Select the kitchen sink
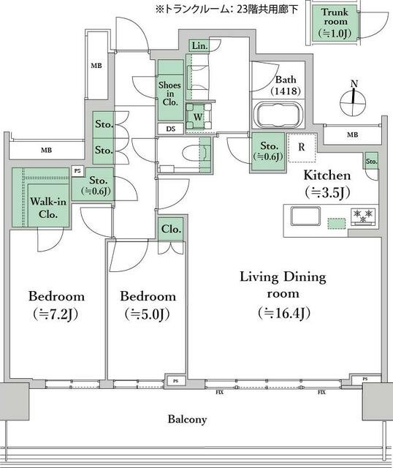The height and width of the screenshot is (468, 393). [x=305, y=216]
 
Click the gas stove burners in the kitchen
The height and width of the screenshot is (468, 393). [x=363, y=216]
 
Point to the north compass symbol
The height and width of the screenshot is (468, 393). [x=353, y=99]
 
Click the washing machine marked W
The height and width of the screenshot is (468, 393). [x=198, y=116]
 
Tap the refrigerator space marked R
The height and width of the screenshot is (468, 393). [x=302, y=147]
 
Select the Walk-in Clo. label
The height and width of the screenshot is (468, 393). [x=48, y=208]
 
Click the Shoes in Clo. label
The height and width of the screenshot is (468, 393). [x=169, y=94]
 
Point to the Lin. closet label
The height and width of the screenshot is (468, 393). [x=199, y=46]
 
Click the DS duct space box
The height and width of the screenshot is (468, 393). [x=170, y=129]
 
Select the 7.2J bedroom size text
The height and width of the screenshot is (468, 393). [x=56, y=314]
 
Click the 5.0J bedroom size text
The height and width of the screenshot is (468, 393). [x=148, y=314]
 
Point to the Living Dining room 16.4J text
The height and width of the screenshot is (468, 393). [x=283, y=295]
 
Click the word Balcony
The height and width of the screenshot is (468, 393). [x=187, y=419]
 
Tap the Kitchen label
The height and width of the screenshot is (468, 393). [x=327, y=175]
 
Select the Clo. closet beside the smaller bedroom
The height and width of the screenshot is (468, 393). [x=171, y=229]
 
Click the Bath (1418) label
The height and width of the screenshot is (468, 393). [x=286, y=85]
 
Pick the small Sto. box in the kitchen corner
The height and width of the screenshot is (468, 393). [x=371, y=161]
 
